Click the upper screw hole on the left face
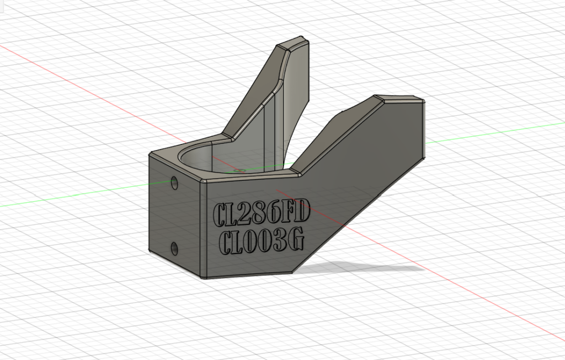pyautogui.click(x=174, y=183)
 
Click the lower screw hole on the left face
pyautogui.click(x=174, y=249)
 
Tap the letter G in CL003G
pyautogui.click(x=297, y=239)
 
